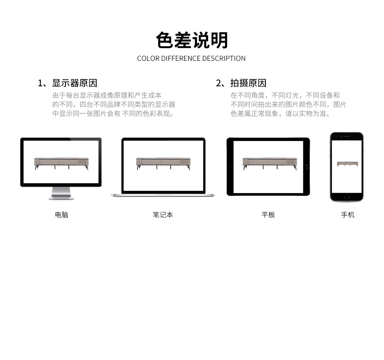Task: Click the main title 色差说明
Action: point(192,40)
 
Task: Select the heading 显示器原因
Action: point(75,83)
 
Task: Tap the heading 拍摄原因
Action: point(248,83)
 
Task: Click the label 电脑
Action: point(62,215)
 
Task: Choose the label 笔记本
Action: point(163,215)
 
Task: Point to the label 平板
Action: point(268,215)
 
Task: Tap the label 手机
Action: point(348,215)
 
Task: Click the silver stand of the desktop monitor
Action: point(61,193)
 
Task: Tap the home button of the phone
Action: point(346,197)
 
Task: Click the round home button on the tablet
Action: point(306,167)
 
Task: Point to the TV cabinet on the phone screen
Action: point(347,164)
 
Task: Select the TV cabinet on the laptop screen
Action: point(163,163)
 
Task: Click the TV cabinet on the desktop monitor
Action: point(61,163)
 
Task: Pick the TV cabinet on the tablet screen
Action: point(270,163)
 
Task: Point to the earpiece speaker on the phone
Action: point(347,136)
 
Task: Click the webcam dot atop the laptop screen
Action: point(163,140)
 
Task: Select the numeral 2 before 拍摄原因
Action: point(219,83)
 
